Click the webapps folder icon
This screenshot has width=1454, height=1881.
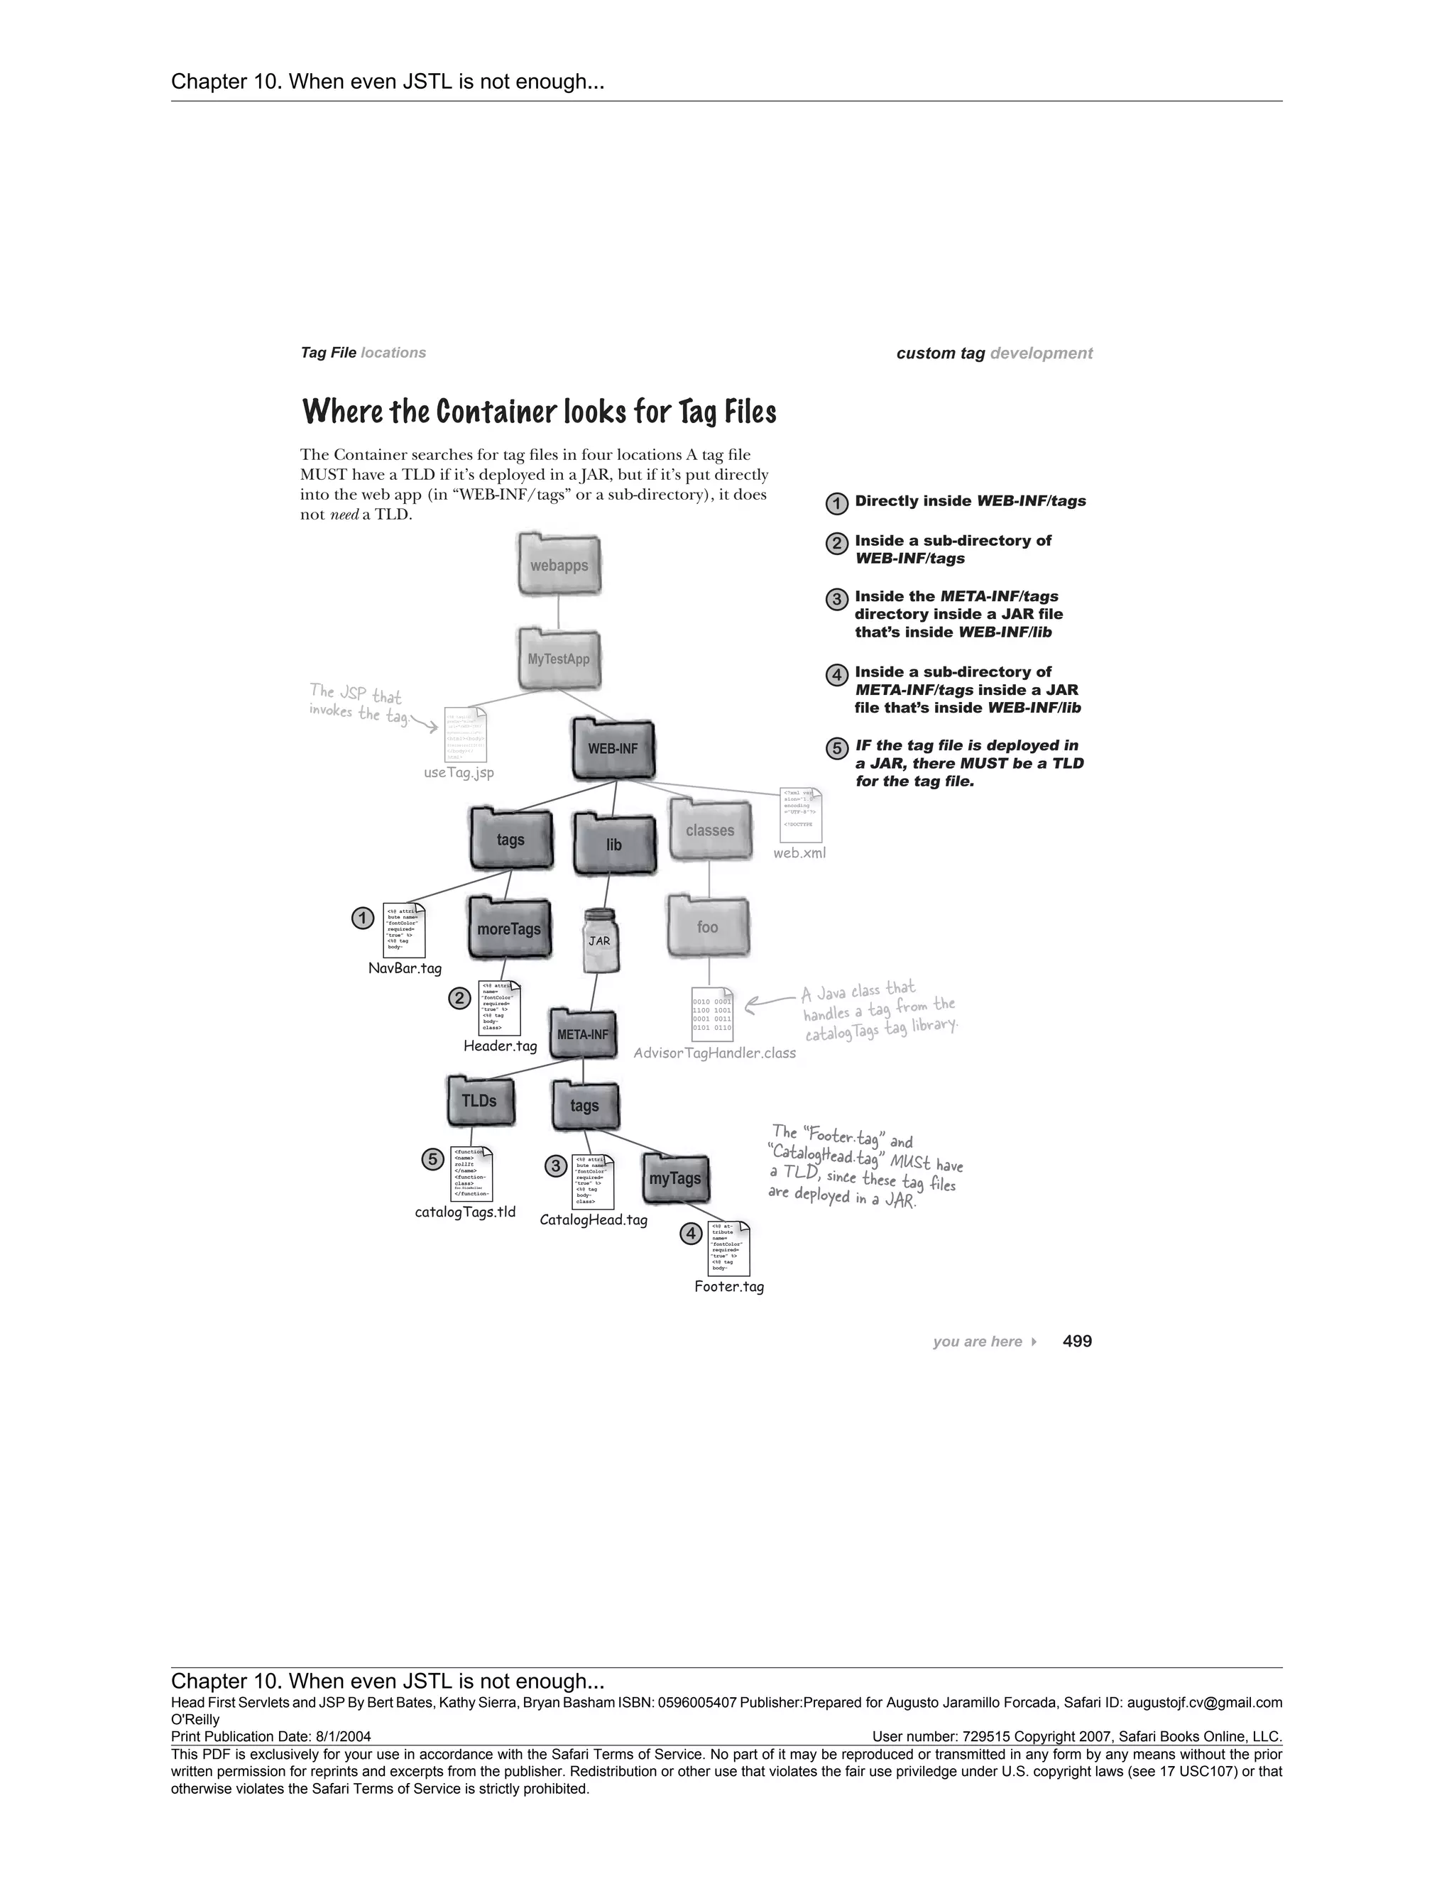tap(559, 565)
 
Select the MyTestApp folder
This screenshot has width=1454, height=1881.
tap(559, 659)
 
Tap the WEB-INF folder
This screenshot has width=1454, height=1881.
tap(613, 747)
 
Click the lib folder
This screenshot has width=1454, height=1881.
tap(613, 844)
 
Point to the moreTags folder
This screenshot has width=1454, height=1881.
tap(509, 928)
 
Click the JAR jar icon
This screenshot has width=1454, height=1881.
tap(601, 940)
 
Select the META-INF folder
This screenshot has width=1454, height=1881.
tap(583, 1033)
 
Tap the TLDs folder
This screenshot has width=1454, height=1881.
tap(480, 1101)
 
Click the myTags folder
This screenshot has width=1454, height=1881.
tap(675, 1178)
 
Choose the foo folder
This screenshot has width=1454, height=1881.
tap(708, 927)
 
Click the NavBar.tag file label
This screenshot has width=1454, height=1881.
tap(405, 968)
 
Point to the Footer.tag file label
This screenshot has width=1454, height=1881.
tap(728, 1287)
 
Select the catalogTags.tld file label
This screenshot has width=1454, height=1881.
tap(465, 1212)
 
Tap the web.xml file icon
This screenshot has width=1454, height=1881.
tap(800, 815)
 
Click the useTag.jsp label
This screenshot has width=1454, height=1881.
tap(459, 772)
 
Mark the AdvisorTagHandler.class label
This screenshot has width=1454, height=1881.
tap(714, 1053)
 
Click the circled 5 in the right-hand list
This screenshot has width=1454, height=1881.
tap(836, 748)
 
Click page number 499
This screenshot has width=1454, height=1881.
tap(1077, 1341)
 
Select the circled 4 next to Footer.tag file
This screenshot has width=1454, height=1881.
tap(691, 1234)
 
